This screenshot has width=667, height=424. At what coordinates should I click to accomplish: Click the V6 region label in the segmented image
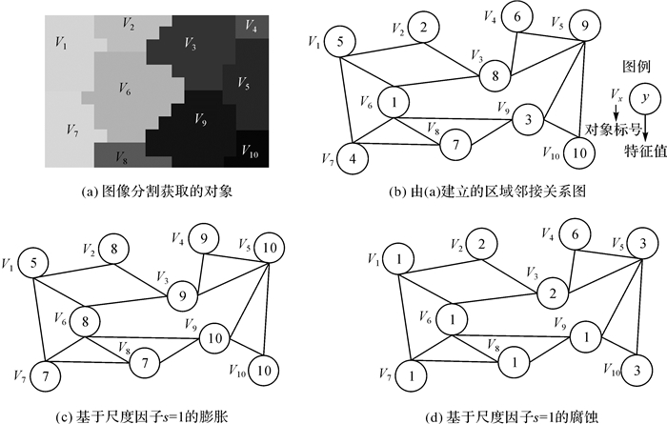point(124,88)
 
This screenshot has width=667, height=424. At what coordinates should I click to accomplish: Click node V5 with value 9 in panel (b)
point(583,29)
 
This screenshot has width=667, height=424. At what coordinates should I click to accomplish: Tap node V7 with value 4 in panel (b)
point(354,156)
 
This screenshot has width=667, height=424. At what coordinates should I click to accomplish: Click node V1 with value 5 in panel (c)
point(34,261)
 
